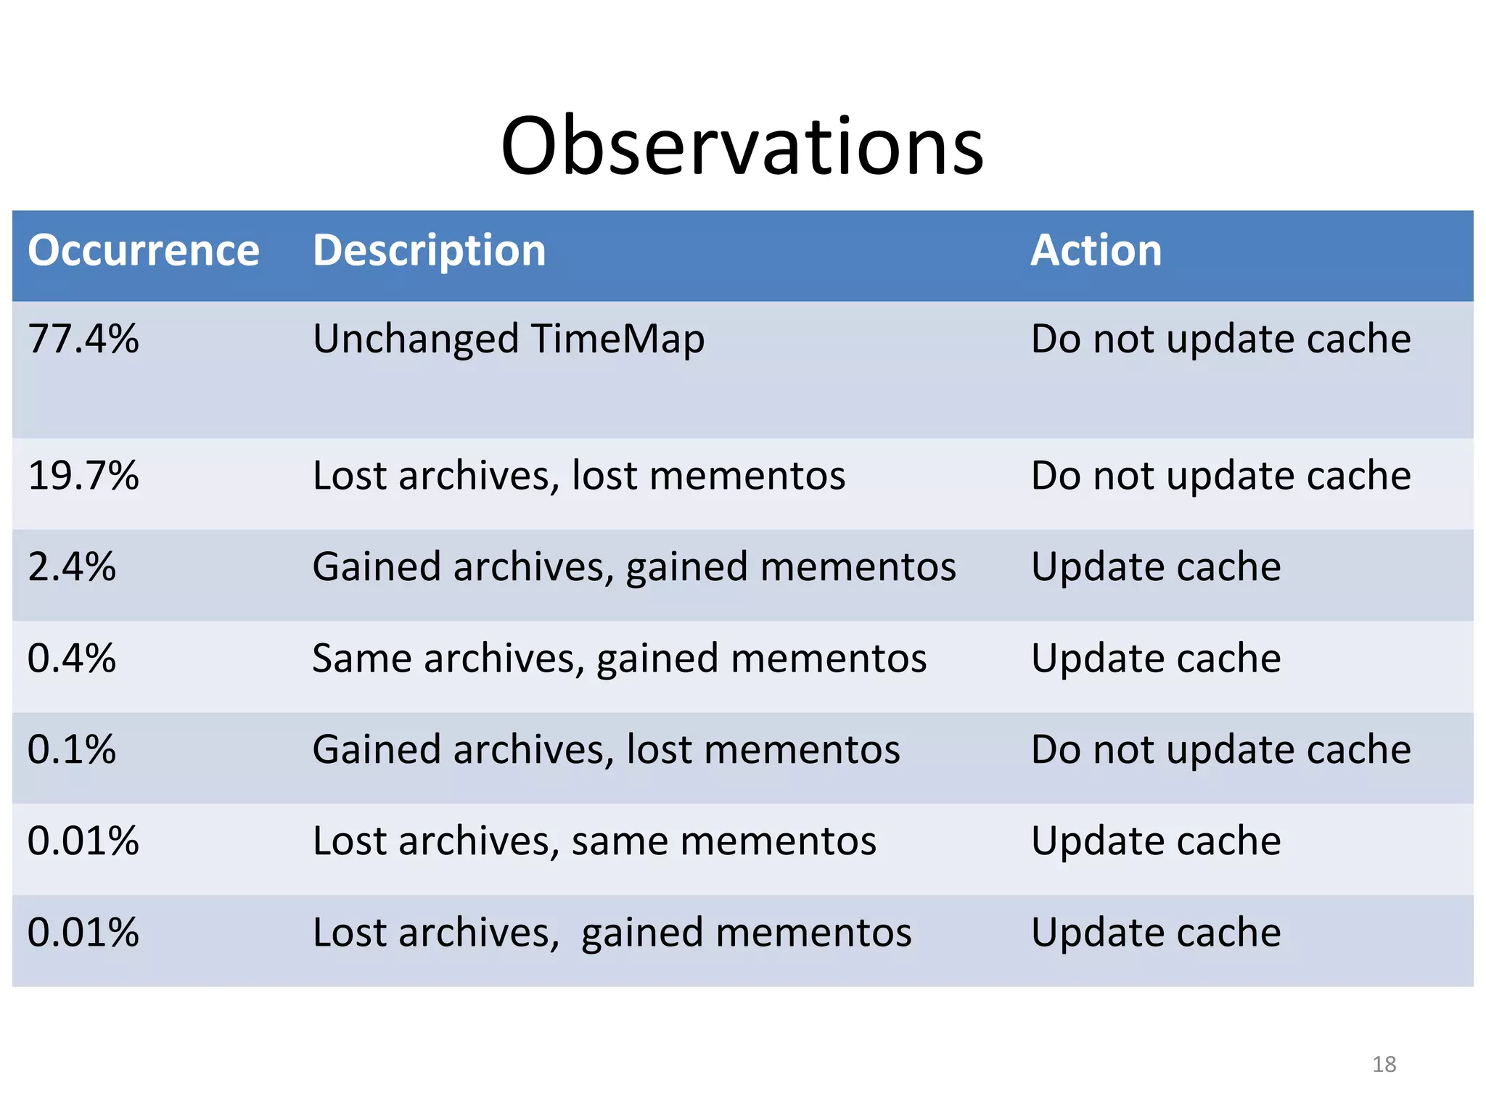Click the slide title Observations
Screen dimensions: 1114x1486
(742, 147)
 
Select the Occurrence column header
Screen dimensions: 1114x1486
(143, 251)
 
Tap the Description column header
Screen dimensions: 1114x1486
(429, 251)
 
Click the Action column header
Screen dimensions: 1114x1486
(1096, 251)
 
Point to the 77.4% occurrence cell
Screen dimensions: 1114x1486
(83, 339)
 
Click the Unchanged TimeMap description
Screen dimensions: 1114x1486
(508, 339)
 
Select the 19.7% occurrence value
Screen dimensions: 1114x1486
(83, 476)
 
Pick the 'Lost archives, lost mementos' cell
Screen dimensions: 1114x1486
(578, 476)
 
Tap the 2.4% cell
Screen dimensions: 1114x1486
(71, 567)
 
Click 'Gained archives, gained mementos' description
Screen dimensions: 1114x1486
(633, 567)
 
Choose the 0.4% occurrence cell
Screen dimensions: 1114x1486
(71, 659)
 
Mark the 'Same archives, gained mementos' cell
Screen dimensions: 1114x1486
(619, 659)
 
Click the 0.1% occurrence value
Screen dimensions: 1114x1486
(71, 750)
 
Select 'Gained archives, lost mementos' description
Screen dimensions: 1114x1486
(606, 750)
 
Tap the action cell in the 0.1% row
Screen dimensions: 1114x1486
(1220, 750)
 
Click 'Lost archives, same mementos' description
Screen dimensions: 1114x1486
(594, 841)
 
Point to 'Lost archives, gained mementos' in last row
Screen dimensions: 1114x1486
(612, 933)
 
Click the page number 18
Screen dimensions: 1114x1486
(1384, 1064)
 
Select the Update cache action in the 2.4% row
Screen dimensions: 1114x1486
(1155, 567)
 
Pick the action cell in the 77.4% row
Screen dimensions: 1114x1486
(1220, 339)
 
